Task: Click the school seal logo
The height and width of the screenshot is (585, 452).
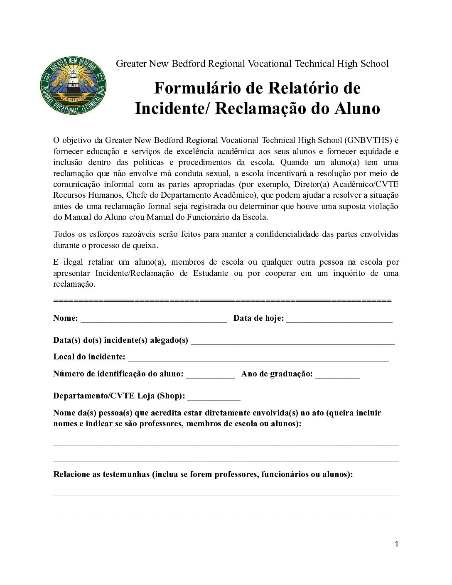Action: pyautogui.click(x=73, y=86)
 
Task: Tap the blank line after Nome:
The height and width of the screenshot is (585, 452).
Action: pyautogui.click(x=154, y=319)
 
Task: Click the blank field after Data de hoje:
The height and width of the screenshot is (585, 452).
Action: pyautogui.click(x=339, y=319)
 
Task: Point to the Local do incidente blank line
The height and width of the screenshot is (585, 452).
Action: pyautogui.click(x=258, y=358)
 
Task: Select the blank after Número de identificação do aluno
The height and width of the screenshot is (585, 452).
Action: pyautogui.click(x=210, y=375)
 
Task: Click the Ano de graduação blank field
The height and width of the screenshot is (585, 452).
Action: pyautogui.click(x=337, y=375)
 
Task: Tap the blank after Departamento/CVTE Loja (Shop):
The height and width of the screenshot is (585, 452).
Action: pyautogui.click(x=214, y=397)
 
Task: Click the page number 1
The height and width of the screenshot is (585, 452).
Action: pyautogui.click(x=397, y=544)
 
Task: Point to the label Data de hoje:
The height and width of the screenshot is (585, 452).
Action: pyautogui.click(x=258, y=318)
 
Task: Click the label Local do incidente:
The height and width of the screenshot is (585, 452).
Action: pyautogui.click(x=89, y=357)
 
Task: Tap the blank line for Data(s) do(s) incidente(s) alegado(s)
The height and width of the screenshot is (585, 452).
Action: pyautogui.click(x=292, y=341)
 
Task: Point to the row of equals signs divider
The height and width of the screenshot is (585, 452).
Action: pyautogui.click(x=222, y=300)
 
